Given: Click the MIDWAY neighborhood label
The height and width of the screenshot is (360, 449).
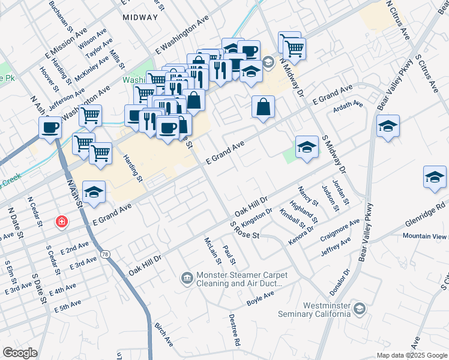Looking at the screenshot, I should [x=140, y=17].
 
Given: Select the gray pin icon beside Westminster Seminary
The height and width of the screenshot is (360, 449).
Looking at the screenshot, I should [x=360, y=308].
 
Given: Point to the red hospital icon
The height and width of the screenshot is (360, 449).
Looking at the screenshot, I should [x=61, y=222].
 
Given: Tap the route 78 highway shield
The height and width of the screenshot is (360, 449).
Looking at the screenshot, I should [x=106, y=255].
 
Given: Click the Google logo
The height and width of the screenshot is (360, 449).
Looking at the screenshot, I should [x=19, y=353].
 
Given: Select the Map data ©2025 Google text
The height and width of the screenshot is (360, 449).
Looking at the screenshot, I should [x=411, y=355].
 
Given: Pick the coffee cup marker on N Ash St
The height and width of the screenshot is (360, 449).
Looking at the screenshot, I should [x=50, y=127].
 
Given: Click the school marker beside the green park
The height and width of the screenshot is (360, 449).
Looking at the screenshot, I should [x=307, y=147].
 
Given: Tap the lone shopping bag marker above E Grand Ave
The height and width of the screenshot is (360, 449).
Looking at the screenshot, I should [x=263, y=108].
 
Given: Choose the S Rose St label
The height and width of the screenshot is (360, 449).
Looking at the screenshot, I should [x=244, y=230].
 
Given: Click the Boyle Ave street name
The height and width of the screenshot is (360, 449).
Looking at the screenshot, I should [x=261, y=298].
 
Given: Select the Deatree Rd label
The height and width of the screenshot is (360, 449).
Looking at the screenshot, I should [x=234, y=332].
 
